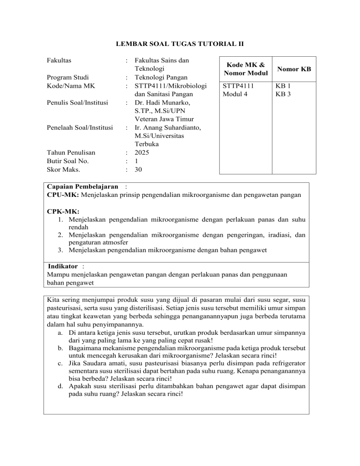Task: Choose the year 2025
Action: tap(142, 152)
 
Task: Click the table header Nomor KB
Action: tap(293, 69)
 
